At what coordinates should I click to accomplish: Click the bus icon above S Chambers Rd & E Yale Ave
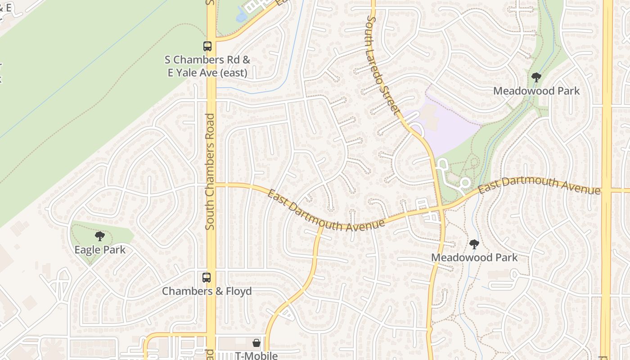pos(207,46)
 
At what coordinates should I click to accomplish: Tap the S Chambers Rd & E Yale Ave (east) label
pos(207,66)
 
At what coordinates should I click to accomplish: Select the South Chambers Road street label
pos(210,171)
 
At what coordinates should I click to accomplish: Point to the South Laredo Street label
pos(383,66)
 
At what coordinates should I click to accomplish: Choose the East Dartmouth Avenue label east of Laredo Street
pos(539,185)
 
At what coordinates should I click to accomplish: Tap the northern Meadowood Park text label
pos(536,91)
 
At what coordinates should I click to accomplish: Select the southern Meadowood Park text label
pos(474,257)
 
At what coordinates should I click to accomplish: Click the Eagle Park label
pos(100,250)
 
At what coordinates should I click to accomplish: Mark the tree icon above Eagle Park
pos(100,236)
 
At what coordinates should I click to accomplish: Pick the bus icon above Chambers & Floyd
pos(207,278)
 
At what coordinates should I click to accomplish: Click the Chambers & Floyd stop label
pos(207,291)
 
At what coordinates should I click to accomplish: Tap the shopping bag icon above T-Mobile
pos(256,343)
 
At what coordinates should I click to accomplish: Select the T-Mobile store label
pos(256,355)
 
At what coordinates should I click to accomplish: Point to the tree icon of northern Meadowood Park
pos(536,77)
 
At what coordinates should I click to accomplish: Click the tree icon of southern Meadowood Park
pos(474,244)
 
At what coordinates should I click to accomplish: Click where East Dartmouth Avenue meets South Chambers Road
pos(211,184)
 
